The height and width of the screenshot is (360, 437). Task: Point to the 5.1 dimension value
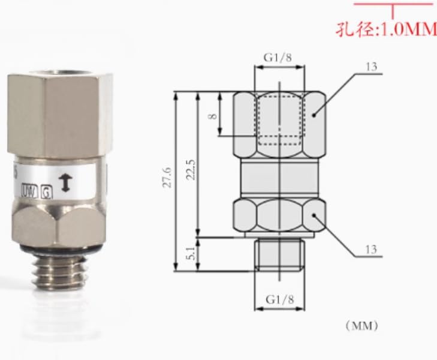pyautogui.click(x=190, y=253)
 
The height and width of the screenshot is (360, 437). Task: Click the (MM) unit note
pyautogui.click(x=361, y=326)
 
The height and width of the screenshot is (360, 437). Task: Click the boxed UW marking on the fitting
pyautogui.click(x=28, y=192)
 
